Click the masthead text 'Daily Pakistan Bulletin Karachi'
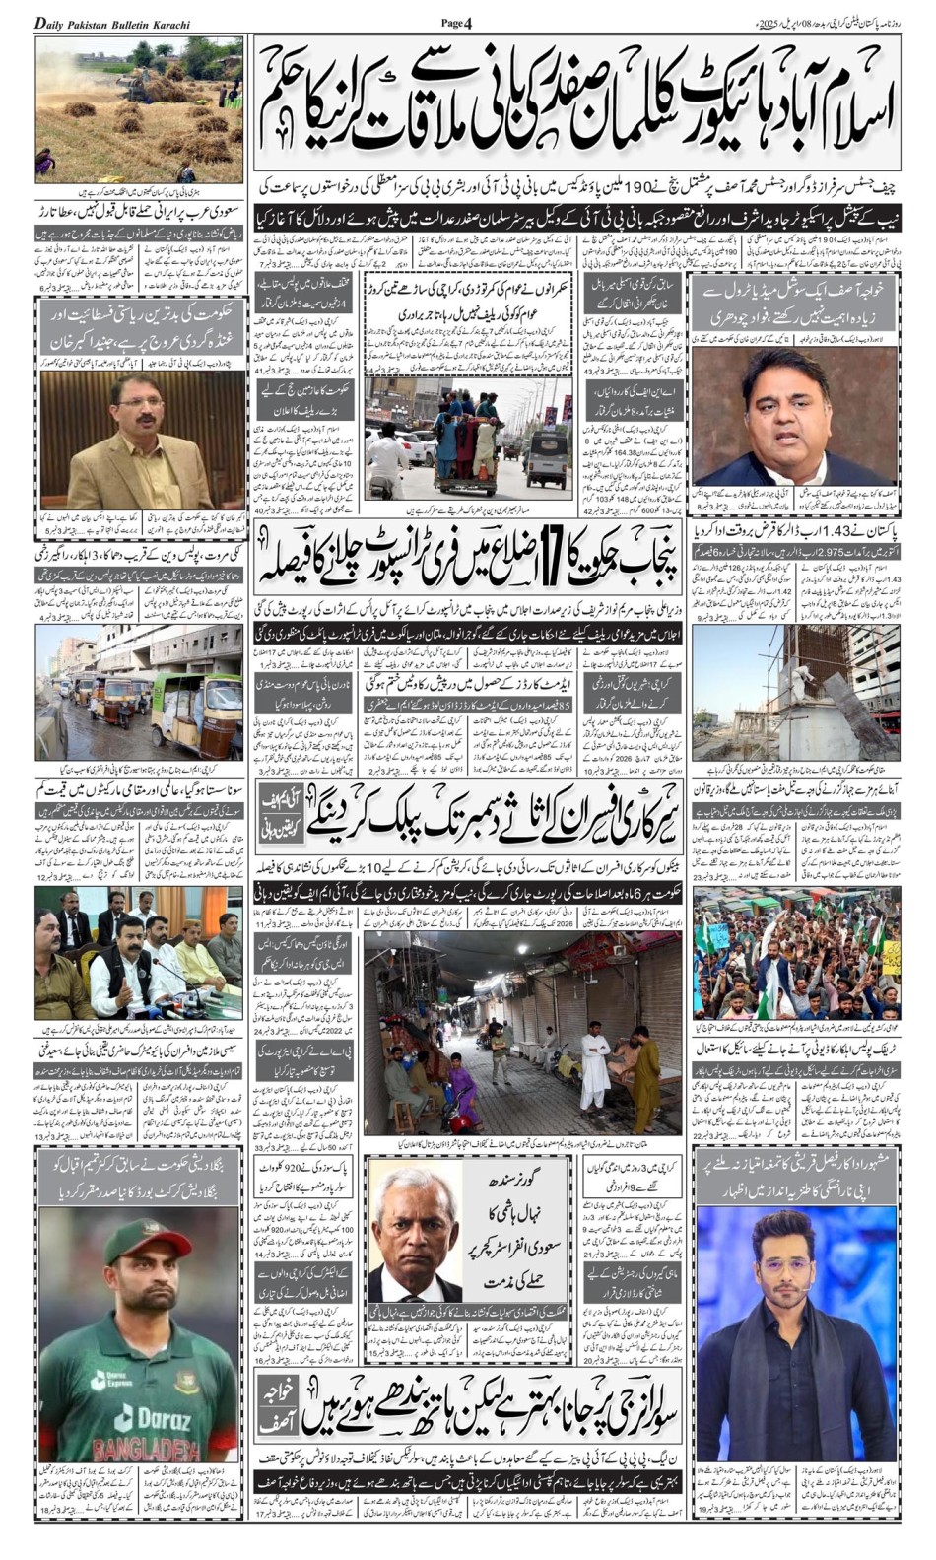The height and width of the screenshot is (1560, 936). (x=112, y=23)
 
